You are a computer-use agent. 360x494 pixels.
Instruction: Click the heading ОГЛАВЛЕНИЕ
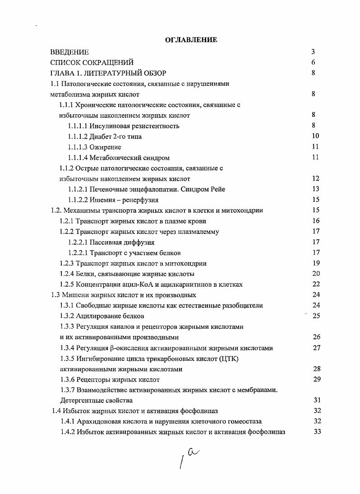point(191,40)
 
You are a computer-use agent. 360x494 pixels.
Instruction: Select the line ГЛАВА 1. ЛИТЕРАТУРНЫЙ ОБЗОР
point(108,73)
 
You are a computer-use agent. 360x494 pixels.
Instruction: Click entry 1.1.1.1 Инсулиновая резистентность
point(124,126)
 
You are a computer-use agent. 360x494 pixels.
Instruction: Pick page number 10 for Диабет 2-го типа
point(315,136)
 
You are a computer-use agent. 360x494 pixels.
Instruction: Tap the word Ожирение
point(105,147)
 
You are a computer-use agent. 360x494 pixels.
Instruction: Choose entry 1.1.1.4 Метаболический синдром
point(119,158)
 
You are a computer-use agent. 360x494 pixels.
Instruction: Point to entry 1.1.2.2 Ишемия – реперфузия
point(113,200)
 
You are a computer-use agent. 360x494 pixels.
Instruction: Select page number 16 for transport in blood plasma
point(315,221)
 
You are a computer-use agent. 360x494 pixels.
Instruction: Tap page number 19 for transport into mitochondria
point(315,263)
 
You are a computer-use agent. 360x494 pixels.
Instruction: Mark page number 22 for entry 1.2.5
point(315,284)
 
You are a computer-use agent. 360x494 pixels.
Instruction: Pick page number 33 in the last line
point(316,432)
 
